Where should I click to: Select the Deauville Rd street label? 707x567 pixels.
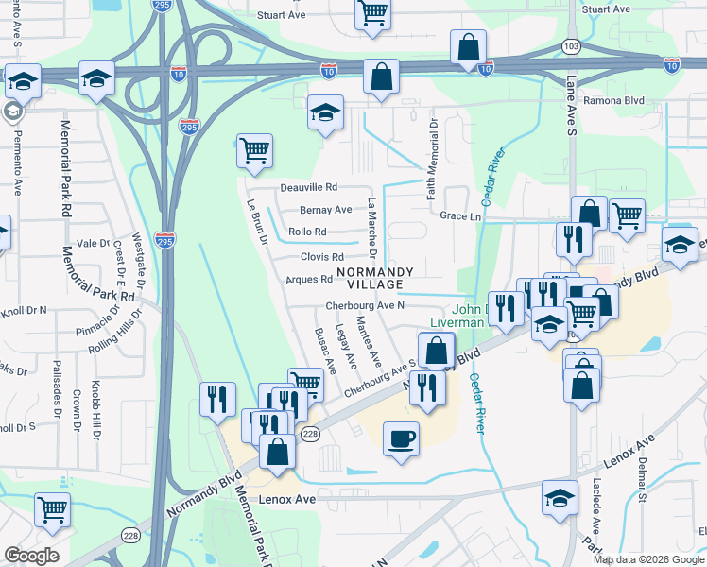[x=309, y=188]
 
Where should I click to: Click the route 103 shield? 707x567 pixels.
[x=570, y=45]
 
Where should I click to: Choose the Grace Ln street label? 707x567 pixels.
[x=460, y=215]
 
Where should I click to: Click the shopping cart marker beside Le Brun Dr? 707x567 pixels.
[x=254, y=151]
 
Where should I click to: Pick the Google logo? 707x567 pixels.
[x=31, y=556]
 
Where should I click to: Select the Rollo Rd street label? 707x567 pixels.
[x=307, y=232]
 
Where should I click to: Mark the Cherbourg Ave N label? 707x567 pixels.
[x=365, y=305]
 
